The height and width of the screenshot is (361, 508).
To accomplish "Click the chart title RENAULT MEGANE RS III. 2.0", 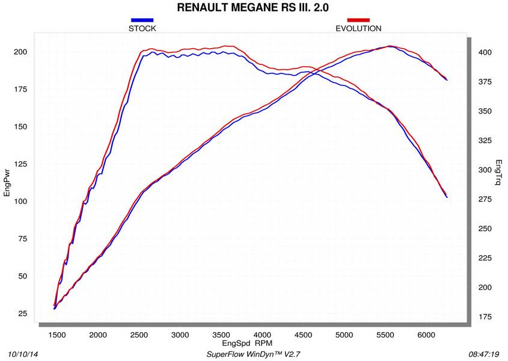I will coord(253,8).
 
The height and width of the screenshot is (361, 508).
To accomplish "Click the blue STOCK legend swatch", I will coord(142,20).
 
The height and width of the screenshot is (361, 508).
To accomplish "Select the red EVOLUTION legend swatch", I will coord(358,20).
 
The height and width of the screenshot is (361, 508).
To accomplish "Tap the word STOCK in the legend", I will coord(142,28).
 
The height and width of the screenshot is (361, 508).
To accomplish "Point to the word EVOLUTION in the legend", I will coord(358,28).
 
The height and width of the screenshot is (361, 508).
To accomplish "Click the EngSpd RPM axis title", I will coord(246,343).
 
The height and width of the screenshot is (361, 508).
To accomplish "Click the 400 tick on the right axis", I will coord(485,53).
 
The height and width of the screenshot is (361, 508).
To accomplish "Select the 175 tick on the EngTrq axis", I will coord(485,316).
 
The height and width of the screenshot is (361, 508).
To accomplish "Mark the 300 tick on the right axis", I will coord(485,170).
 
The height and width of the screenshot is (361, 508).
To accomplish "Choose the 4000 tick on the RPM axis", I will coord(262,335).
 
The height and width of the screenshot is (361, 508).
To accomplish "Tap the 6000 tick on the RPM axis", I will coord(426,335).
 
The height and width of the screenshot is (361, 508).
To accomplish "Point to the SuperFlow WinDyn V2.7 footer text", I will coord(252,354).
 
